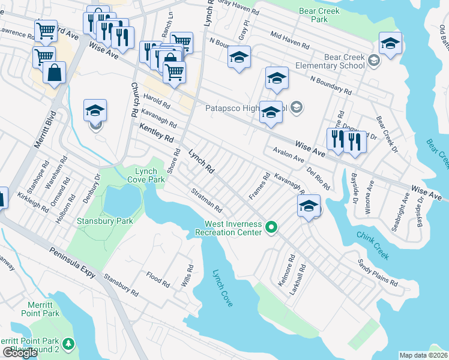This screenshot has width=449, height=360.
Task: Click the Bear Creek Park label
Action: pyautogui.click(x=328, y=15)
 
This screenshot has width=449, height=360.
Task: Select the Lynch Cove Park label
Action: pyautogui.click(x=146, y=175)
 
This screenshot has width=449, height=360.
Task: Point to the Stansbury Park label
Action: pyautogui.click(x=96, y=221)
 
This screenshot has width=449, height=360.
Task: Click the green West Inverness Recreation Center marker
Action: pyautogui.click(x=271, y=227)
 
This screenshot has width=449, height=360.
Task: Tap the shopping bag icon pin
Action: pyautogui.click(x=54, y=73)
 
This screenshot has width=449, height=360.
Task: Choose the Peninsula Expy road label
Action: pyautogui.click(x=73, y=262)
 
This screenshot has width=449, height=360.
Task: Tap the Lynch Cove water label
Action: pyautogui.click(x=222, y=289)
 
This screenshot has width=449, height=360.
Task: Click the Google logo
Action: pyautogui.click(x=20, y=353)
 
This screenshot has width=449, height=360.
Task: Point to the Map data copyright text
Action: pyautogui.click(x=424, y=355)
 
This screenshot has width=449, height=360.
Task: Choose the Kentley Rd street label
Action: pyautogui.click(x=156, y=133)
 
